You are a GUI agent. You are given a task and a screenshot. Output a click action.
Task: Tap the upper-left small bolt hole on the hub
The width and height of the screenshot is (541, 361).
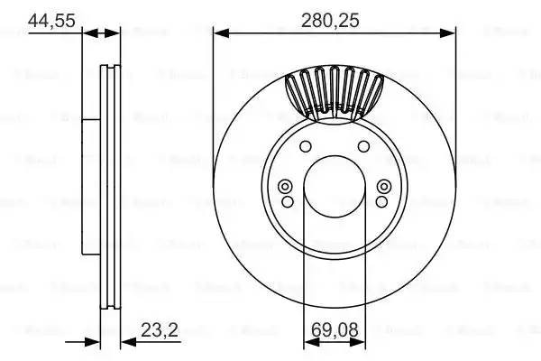[304, 148]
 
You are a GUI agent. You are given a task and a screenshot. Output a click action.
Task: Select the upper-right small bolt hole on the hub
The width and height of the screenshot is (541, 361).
[362, 148]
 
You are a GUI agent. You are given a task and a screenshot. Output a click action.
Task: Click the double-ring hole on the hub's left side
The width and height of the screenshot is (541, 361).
[286, 187]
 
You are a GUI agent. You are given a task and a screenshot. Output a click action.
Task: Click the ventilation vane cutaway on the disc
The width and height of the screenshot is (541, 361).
[333, 93]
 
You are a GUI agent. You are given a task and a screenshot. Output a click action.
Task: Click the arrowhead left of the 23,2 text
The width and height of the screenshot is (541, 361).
[125, 341]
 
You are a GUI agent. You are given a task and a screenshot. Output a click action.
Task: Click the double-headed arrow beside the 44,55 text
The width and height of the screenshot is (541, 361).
[101, 33]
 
